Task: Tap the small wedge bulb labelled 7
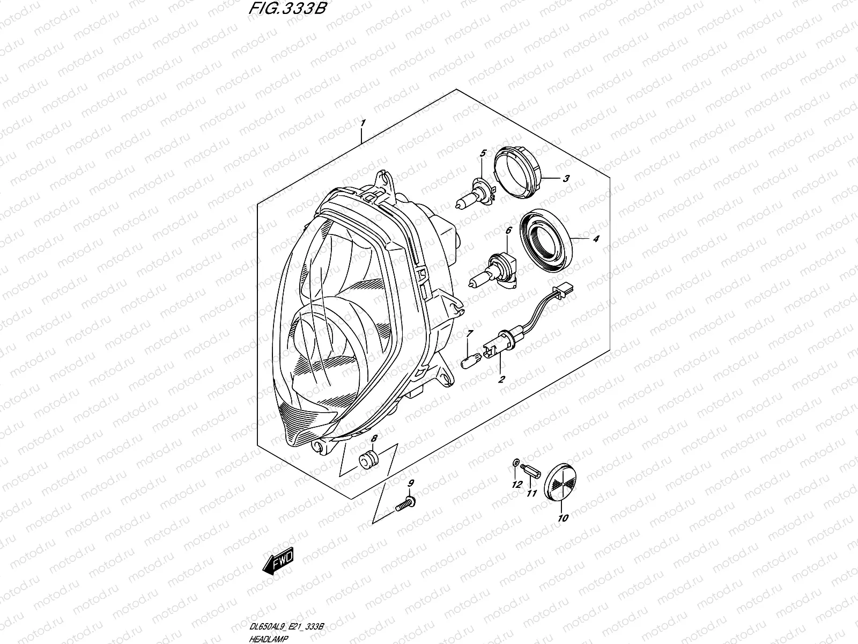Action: [x=468, y=361]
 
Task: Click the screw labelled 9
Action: [x=406, y=505]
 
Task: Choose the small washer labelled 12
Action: [x=515, y=463]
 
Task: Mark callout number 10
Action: [x=563, y=518]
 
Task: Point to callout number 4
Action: [x=596, y=239]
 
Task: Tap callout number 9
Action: [x=411, y=484]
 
